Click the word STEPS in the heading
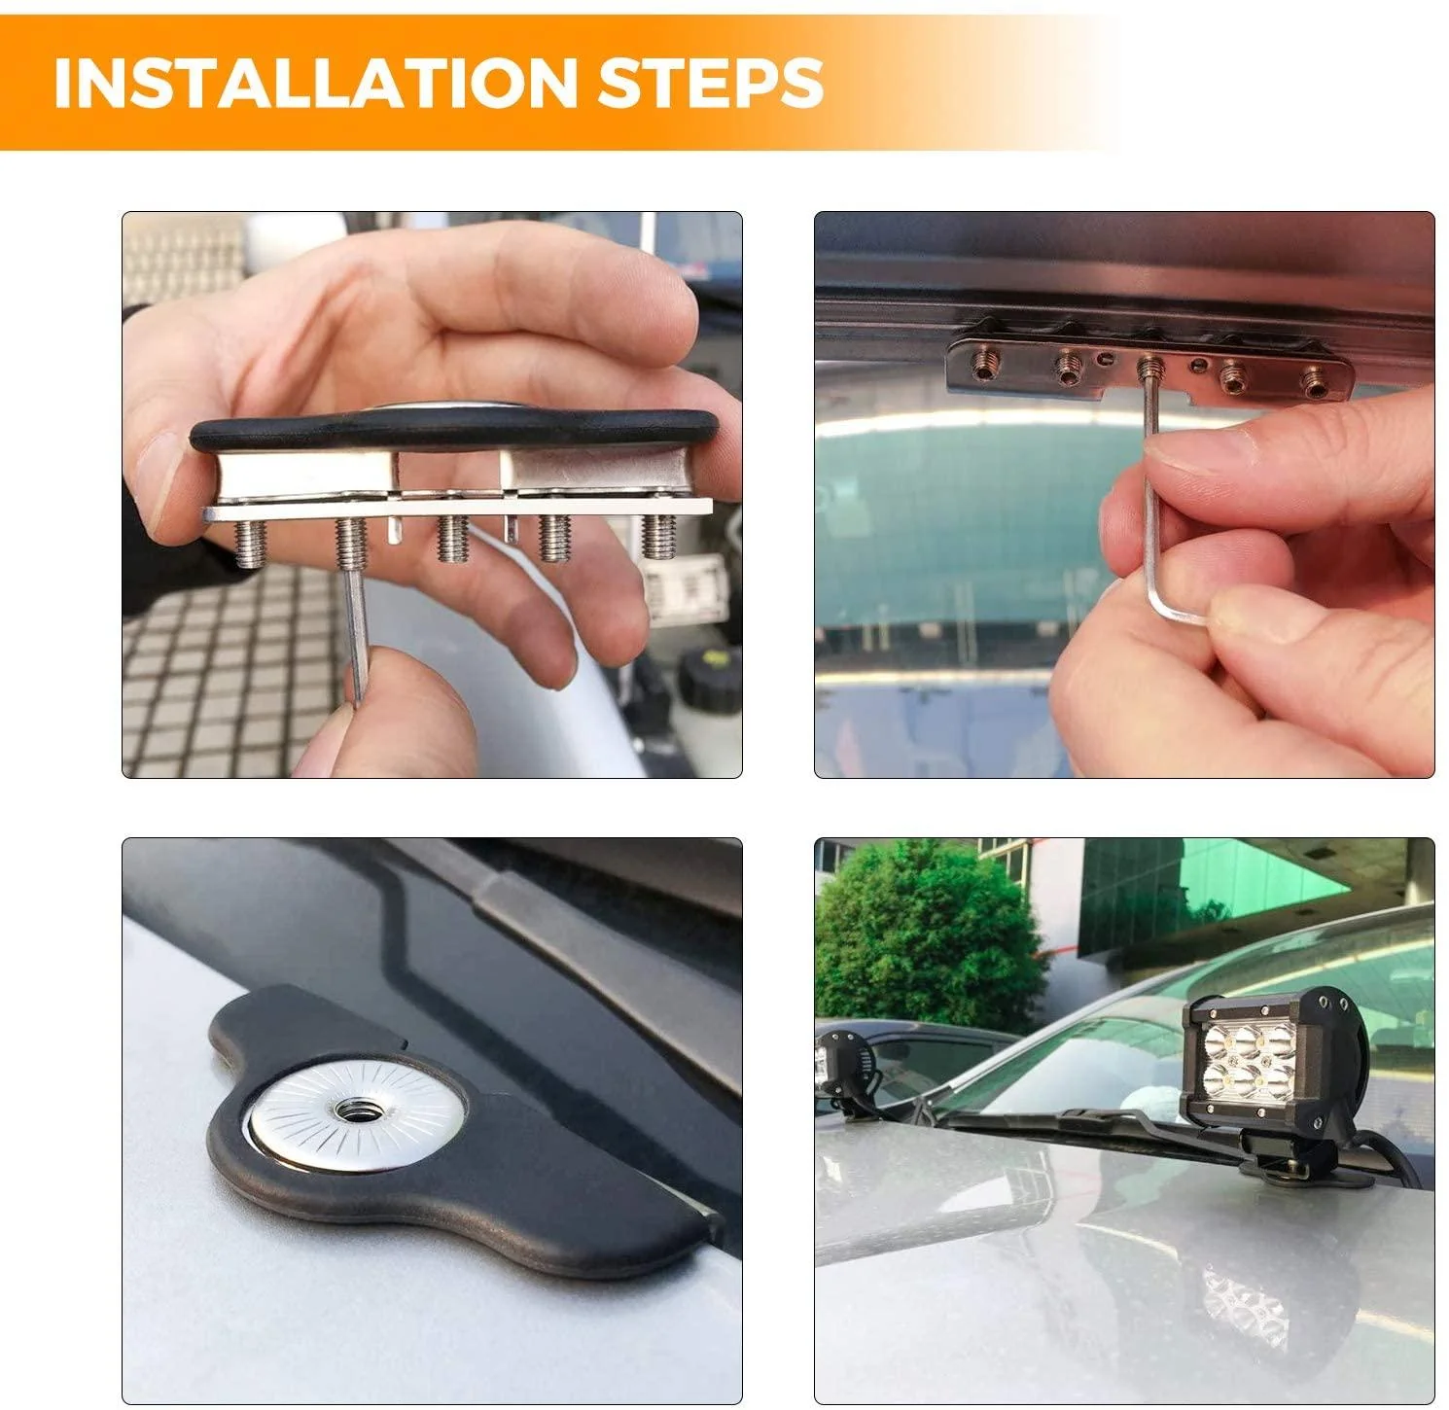(x=711, y=84)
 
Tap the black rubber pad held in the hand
(x=452, y=431)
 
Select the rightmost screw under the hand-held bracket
(x=659, y=536)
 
